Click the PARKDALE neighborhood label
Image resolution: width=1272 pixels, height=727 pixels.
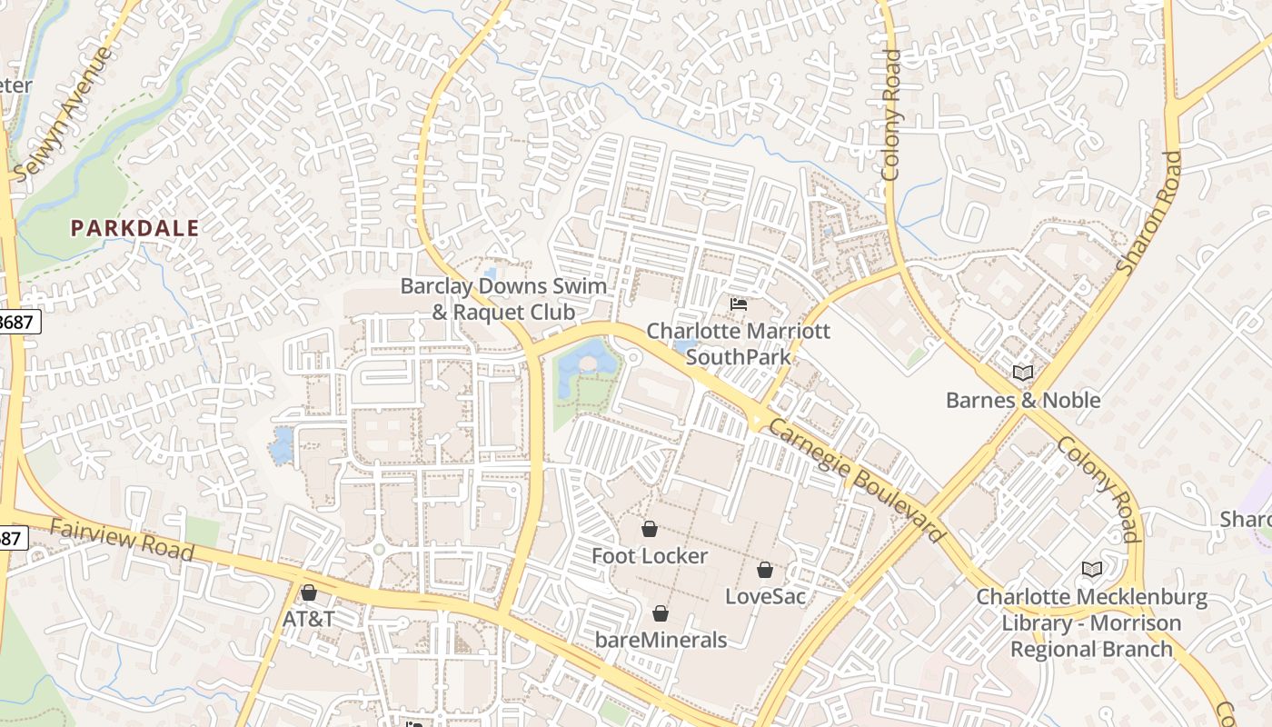(134, 228)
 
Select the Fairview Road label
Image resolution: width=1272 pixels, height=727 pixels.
(122, 540)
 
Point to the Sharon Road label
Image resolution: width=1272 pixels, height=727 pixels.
(1149, 214)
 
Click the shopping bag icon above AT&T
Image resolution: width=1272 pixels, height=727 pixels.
(309, 593)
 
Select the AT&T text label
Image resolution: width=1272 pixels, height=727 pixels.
(309, 619)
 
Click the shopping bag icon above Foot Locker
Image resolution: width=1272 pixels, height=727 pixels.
(650, 529)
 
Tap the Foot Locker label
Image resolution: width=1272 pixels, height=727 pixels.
(650, 555)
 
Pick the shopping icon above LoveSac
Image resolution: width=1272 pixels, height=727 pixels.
(765, 570)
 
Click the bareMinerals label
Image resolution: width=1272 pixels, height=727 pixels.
(661, 640)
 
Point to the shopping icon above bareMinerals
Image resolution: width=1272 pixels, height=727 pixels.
(661, 613)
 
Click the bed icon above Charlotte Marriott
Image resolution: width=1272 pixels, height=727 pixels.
(739, 304)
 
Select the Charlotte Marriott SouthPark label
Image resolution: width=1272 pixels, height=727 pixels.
(739, 344)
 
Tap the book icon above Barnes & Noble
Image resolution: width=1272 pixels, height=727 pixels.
(1023, 373)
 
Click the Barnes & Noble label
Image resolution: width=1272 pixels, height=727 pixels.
(1023, 400)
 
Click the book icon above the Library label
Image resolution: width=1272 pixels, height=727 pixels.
(1092, 570)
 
